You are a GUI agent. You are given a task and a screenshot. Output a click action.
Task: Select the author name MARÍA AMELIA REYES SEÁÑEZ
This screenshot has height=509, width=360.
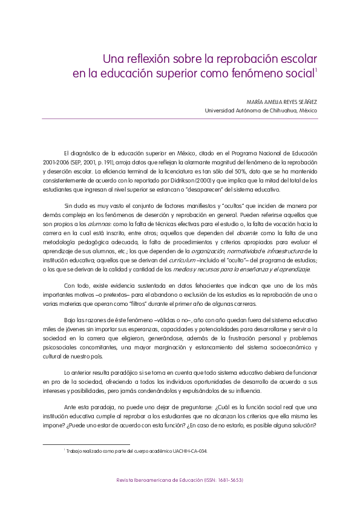click(x=283, y=102)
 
